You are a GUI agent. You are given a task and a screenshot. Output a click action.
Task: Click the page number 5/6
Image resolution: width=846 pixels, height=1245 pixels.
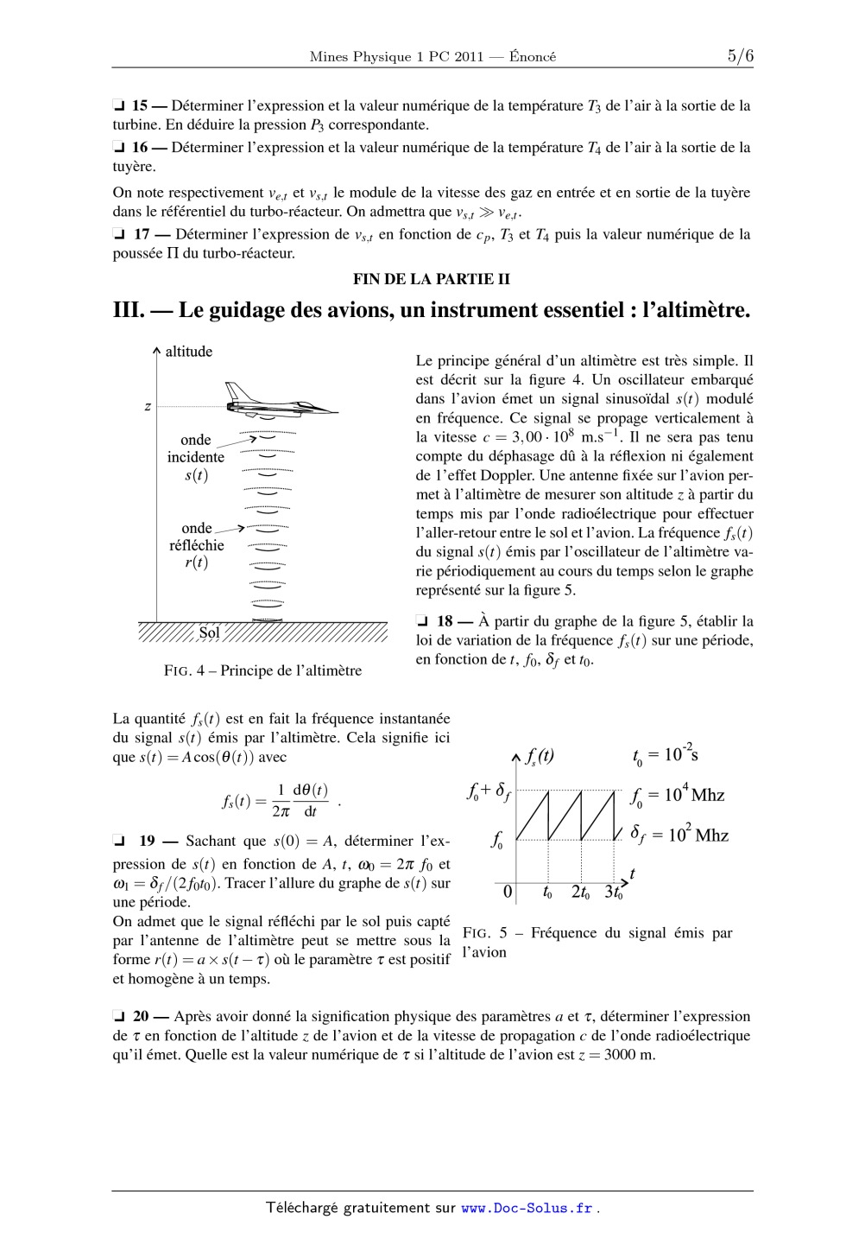(x=740, y=56)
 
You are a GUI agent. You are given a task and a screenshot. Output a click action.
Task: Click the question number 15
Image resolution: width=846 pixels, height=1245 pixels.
(x=139, y=106)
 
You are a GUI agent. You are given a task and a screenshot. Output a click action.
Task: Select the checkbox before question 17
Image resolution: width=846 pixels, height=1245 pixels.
(x=118, y=235)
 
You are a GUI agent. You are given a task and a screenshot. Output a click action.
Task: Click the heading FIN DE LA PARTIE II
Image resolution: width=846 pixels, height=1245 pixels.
(x=432, y=279)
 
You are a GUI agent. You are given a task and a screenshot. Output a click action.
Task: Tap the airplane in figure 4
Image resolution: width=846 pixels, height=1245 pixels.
(x=278, y=402)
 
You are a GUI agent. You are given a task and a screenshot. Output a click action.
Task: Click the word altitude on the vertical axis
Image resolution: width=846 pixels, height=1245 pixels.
(x=189, y=352)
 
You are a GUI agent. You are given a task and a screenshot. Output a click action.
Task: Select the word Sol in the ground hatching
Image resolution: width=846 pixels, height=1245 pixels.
(x=210, y=632)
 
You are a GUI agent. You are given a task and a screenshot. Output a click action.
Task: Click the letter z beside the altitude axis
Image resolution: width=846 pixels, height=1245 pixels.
(x=148, y=406)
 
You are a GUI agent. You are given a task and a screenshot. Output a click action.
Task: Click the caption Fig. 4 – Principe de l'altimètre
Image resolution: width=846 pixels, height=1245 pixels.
(x=262, y=670)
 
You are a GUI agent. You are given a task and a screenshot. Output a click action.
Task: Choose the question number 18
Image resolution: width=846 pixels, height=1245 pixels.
(x=445, y=621)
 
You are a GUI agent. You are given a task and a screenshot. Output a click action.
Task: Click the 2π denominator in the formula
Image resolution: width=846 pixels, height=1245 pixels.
(x=281, y=811)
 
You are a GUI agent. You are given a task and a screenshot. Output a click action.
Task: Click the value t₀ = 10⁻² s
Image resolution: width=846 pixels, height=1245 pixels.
(x=665, y=755)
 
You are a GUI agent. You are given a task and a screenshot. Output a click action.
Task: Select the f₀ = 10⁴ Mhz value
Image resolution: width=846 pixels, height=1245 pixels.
(x=677, y=795)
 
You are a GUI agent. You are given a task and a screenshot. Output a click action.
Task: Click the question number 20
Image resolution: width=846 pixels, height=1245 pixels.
(x=141, y=1017)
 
